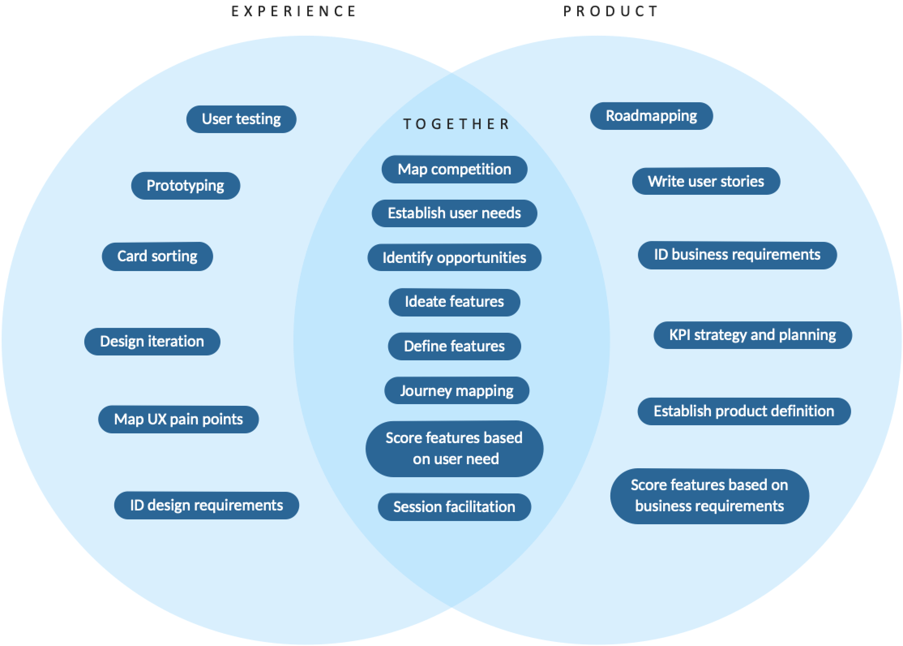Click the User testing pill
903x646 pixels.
click(241, 119)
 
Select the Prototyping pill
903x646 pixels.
click(186, 186)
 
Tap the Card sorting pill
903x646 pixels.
click(157, 256)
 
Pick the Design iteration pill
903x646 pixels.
click(152, 342)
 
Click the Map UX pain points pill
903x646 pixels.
click(178, 420)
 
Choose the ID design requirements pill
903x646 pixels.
click(206, 506)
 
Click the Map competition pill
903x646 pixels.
click(454, 170)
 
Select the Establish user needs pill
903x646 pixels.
click(454, 213)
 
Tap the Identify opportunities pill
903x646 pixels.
click(454, 257)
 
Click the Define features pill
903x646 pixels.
click(454, 347)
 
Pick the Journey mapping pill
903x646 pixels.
click(457, 391)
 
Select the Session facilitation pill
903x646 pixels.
click(454, 507)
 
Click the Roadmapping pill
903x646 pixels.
click(651, 116)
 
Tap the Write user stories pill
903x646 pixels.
click(706, 181)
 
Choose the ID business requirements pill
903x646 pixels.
click(737, 255)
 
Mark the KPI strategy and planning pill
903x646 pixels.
click(753, 335)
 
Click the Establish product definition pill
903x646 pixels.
click(744, 411)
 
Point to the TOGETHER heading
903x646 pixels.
click(456, 124)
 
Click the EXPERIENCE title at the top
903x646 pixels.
click(294, 11)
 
